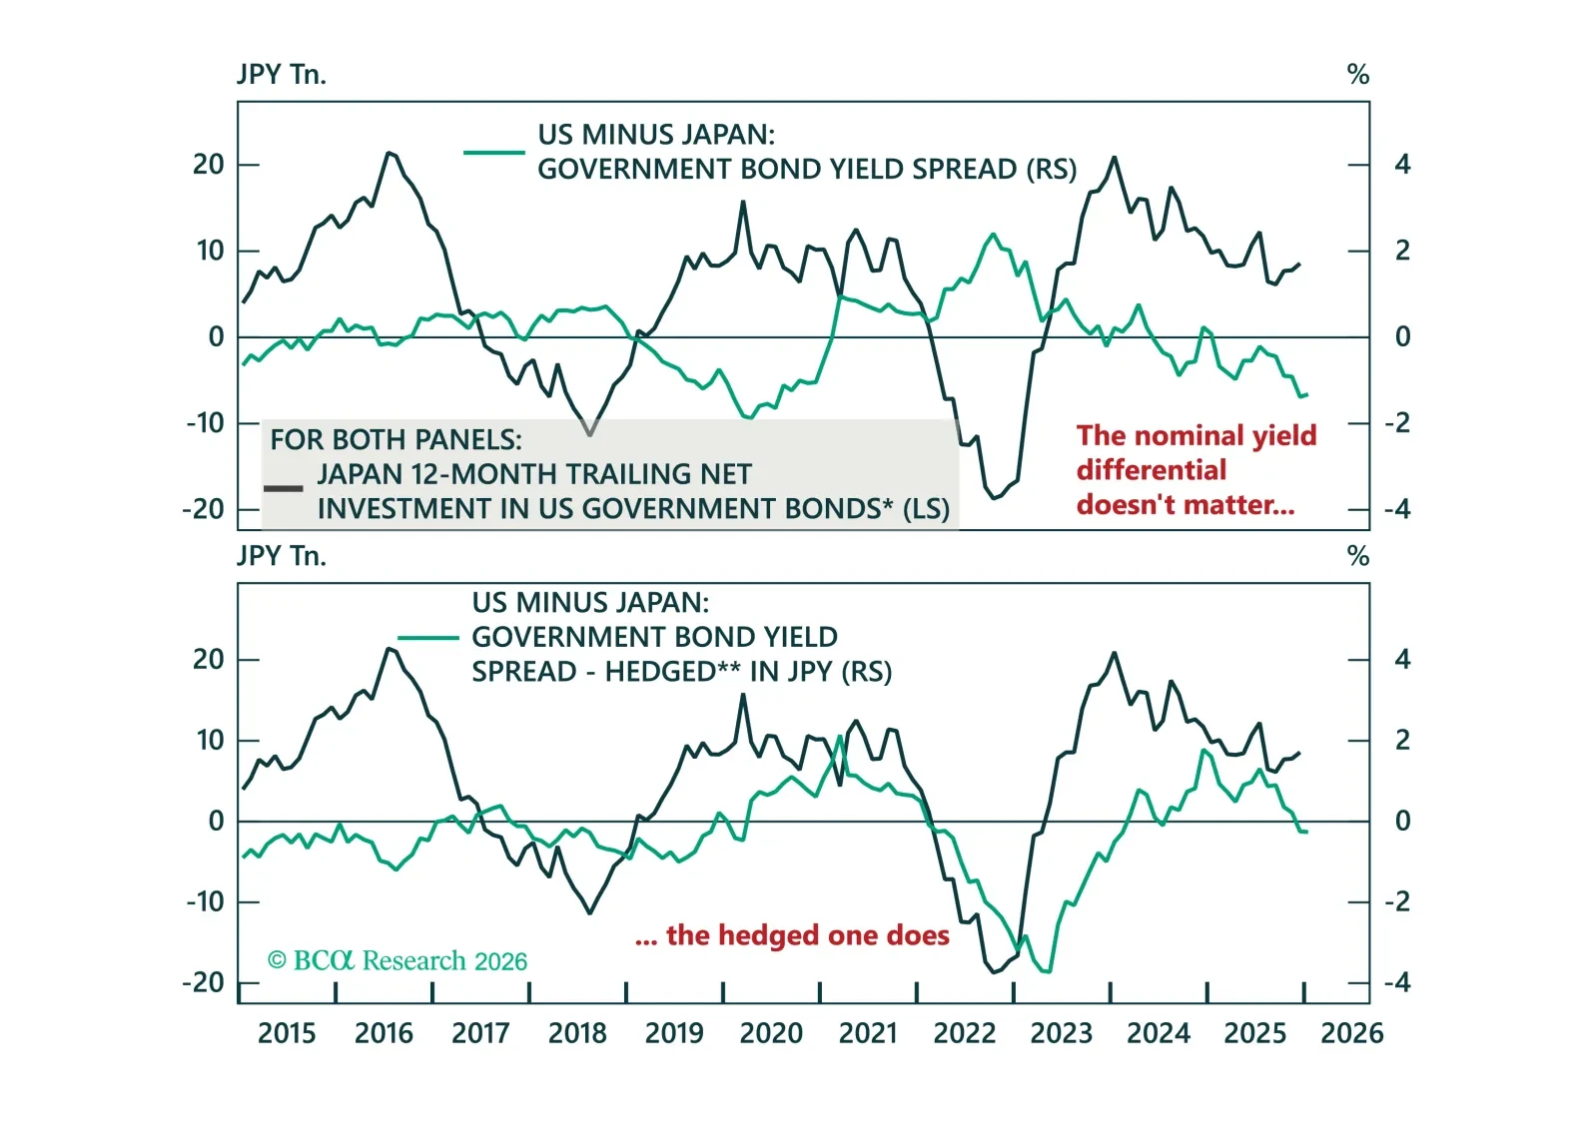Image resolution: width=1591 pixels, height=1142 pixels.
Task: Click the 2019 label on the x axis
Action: (x=674, y=1033)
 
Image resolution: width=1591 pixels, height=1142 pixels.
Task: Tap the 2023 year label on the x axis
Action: (x=1061, y=1033)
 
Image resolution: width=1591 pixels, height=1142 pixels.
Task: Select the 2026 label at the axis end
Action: (x=1351, y=1033)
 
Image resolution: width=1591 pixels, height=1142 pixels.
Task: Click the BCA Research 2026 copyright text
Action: (x=398, y=961)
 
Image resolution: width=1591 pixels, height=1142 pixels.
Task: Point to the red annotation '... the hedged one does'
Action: (x=792, y=935)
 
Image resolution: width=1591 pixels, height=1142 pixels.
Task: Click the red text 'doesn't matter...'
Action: (x=1186, y=505)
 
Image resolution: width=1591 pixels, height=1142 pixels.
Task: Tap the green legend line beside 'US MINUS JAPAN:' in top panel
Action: (x=494, y=153)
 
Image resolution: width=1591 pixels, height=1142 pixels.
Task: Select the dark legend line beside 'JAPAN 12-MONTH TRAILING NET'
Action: (x=284, y=488)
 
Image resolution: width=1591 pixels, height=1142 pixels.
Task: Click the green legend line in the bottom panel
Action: (x=427, y=637)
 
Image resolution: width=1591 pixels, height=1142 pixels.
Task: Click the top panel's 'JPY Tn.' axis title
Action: (x=282, y=75)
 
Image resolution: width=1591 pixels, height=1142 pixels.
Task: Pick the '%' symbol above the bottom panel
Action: (x=1357, y=556)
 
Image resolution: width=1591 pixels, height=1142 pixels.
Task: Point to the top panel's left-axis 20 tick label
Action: (x=209, y=165)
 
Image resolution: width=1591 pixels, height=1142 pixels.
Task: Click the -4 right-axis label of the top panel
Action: (x=1397, y=510)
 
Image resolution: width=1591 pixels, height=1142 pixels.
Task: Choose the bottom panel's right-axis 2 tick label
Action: (x=1402, y=741)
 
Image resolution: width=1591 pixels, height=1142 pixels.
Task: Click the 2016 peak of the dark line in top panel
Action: (x=390, y=153)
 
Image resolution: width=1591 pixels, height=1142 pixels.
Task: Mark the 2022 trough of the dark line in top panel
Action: (x=994, y=498)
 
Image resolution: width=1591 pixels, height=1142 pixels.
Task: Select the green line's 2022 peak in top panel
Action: (x=993, y=235)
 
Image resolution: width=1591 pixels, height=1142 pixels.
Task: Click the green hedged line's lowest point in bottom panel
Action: (x=1047, y=971)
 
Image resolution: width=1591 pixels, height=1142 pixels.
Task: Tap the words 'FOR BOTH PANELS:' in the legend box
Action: (x=396, y=440)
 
